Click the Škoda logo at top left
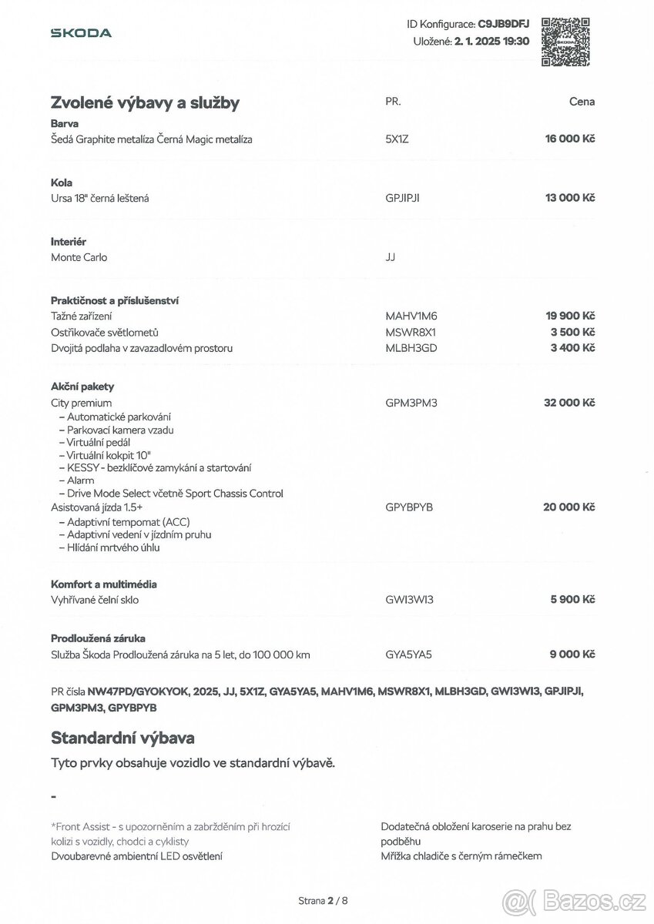[x=81, y=33]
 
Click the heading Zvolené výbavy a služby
[x=145, y=102]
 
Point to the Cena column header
[x=582, y=102]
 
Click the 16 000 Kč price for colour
[x=571, y=139]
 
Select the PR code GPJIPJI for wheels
[x=402, y=199]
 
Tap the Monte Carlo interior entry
[x=79, y=258]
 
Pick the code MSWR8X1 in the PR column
[x=411, y=333]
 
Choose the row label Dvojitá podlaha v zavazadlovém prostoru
[x=142, y=348]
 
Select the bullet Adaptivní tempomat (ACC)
[x=122, y=521]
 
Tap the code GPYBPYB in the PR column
[x=409, y=507]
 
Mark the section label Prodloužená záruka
[x=98, y=638]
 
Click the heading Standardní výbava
[x=122, y=738]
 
